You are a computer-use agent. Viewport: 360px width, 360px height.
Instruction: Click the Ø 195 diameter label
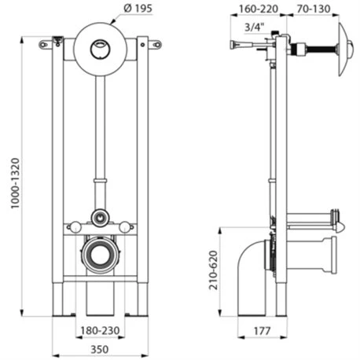(x=138, y=9)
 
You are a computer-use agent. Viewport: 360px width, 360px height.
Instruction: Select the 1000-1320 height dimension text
(x=15, y=183)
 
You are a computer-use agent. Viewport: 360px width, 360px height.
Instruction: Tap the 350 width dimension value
(x=99, y=349)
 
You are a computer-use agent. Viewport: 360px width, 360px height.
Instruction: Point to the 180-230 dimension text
(x=100, y=331)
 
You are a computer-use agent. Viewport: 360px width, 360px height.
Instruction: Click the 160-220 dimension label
(x=259, y=9)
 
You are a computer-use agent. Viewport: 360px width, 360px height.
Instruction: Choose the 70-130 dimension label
(x=314, y=9)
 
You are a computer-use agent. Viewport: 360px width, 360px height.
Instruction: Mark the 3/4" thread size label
(x=254, y=27)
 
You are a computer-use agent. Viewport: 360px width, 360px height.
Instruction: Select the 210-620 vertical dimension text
(x=213, y=270)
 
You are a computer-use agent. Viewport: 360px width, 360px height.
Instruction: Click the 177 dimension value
(x=262, y=331)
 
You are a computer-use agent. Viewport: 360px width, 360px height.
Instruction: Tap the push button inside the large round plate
(x=100, y=49)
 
